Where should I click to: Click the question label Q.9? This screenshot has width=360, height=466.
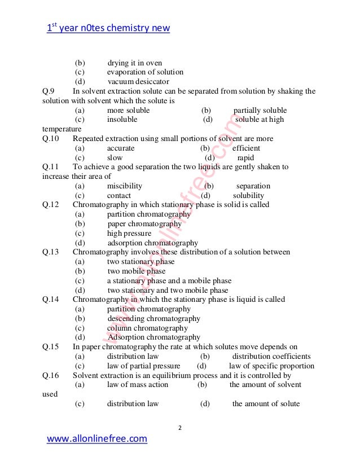[49, 91]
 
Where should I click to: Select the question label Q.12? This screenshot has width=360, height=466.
[51, 205]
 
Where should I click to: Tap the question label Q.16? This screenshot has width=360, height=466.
[51, 375]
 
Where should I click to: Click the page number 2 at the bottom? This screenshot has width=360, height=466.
[180, 428]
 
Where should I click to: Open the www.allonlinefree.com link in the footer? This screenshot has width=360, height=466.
[96, 438]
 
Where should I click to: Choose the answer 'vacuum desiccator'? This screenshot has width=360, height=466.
[138, 81]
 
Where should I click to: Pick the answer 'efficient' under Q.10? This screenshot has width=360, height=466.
[246, 148]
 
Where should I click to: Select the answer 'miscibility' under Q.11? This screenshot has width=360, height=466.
[124, 186]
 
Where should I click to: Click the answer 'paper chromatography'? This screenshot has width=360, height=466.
[141, 223]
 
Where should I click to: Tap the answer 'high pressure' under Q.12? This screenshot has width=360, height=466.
[129, 233]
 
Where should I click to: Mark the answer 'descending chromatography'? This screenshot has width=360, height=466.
[153, 319]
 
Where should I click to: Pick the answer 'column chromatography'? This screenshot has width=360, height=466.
[147, 328]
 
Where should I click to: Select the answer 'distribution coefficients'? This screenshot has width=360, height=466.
[271, 357]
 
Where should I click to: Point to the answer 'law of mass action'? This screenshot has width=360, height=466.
[138, 385]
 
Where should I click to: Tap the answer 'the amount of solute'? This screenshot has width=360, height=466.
[266, 404]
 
